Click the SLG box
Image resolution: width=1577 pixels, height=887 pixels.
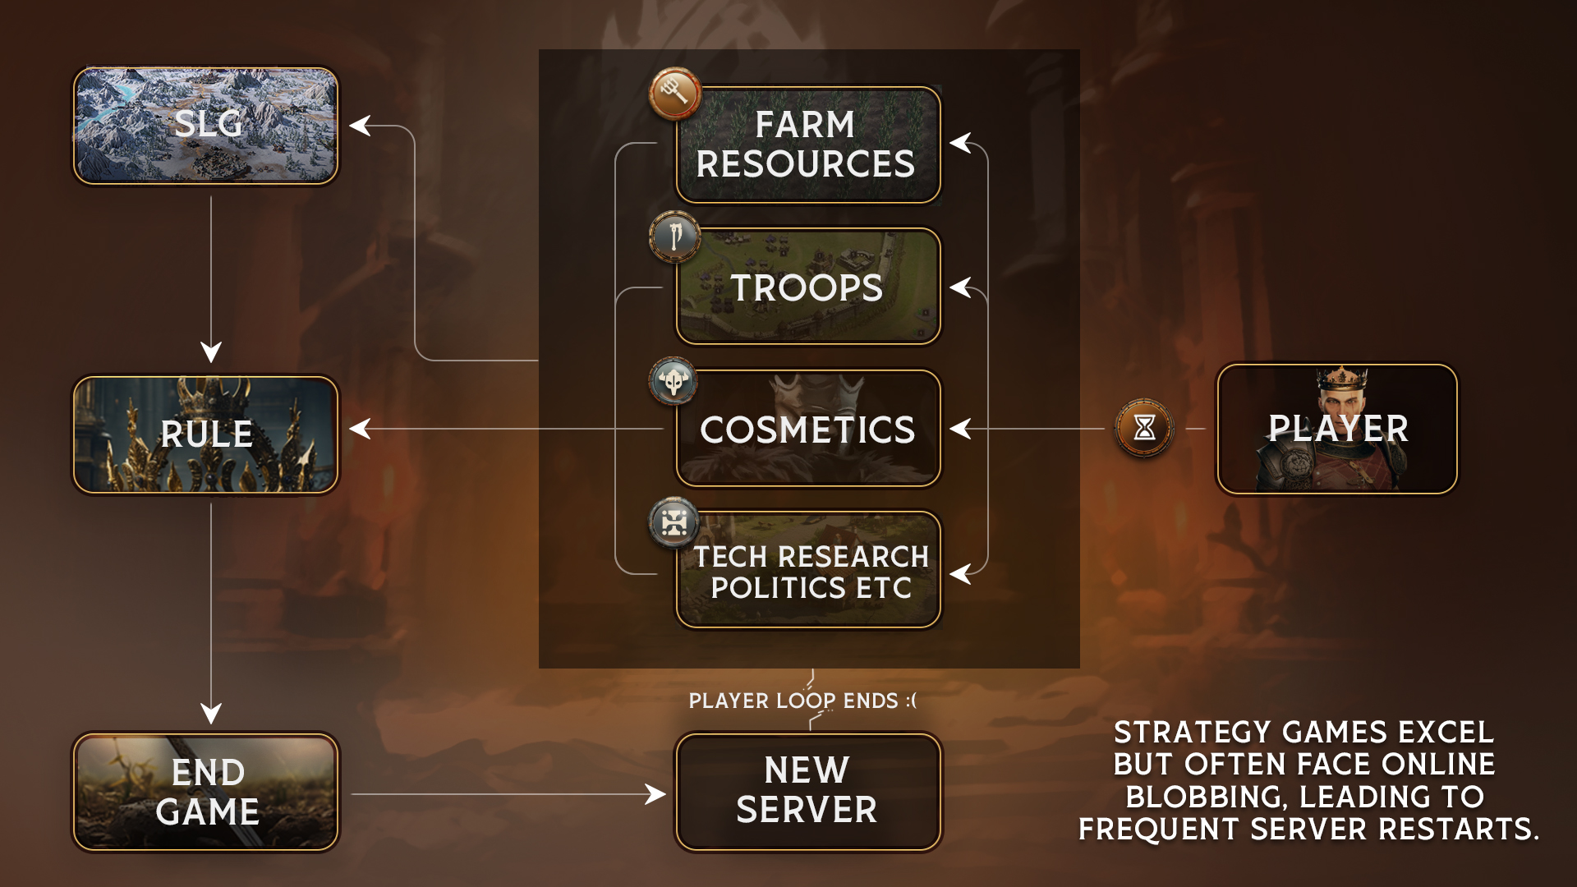pos(205,126)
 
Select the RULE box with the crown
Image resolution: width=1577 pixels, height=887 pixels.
pos(205,434)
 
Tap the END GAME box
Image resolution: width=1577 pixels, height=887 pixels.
pos(205,792)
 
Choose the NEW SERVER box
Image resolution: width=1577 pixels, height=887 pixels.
pos(808,792)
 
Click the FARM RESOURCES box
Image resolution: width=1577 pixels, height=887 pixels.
pos(808,145)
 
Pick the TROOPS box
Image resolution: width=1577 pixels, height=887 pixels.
pos(808,287)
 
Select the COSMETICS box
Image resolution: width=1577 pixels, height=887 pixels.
pos(808,429)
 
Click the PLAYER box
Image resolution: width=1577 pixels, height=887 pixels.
pos(1337,429)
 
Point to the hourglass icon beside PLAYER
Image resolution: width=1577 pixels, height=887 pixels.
pos(1144,427)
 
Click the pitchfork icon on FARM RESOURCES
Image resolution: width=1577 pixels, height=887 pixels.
pos(674,93)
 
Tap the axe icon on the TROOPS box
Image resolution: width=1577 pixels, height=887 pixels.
pos(674,237)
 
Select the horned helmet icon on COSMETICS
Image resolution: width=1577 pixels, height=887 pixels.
pos(674,381)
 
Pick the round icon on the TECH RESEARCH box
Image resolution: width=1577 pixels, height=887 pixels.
pos(674,522)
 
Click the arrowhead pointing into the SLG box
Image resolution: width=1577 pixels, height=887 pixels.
pos(359,126)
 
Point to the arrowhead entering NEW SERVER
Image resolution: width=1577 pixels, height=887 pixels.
pos(656,794)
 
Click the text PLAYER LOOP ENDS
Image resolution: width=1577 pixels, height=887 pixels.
pos(802,701)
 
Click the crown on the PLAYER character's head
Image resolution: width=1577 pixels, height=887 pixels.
pos(1341,379)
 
